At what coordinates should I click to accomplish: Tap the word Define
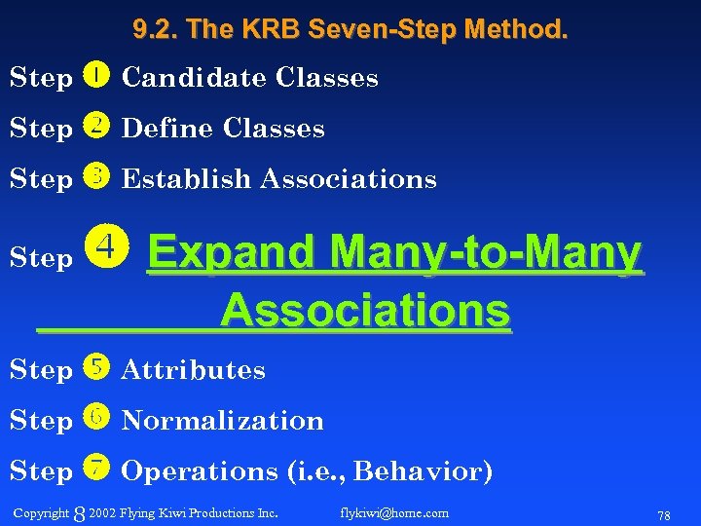tap(167, 129)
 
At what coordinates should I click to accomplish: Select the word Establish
tap(186, 179)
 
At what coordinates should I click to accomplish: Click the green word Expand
tap(233, 254)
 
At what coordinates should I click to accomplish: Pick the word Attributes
tap(193, 370)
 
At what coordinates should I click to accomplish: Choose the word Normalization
tap(222, 421)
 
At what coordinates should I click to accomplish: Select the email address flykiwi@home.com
tap(394, 512)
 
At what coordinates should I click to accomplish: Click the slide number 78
tap(664, 514)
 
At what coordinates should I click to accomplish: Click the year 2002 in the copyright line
tap(101, 512)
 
